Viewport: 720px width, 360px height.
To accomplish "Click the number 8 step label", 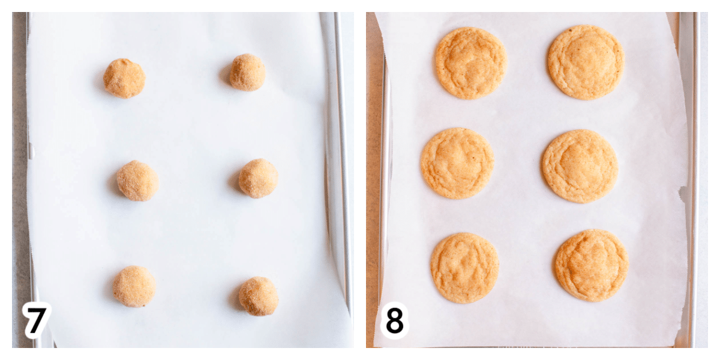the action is click(394, 320).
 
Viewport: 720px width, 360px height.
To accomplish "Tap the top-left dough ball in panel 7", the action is click(124, 78).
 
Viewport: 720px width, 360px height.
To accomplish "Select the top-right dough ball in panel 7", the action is click(247, 73).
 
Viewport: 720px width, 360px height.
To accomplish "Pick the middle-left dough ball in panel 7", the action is click(137, 181).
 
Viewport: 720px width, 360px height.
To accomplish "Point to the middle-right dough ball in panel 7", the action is click(259, 178).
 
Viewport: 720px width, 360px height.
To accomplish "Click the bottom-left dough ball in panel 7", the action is click(134, 286).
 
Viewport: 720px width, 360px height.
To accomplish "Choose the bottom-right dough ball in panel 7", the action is click(259, 296).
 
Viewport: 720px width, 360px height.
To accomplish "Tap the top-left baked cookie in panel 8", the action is click(471, 63).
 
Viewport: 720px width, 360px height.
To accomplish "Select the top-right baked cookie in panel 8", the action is click(586, 62).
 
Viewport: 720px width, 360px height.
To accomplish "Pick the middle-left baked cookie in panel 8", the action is click(457, 163).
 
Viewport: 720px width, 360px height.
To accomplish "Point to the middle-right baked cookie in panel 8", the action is click(580, 166).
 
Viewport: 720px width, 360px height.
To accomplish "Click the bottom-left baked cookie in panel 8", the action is click(465, 268).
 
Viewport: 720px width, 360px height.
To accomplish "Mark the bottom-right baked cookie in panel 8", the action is click(592, 265).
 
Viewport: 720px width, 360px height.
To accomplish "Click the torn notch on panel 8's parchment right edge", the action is click(682, 194).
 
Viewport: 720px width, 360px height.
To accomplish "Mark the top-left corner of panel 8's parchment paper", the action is click(375, 13).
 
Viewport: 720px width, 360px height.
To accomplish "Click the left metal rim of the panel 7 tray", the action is click(31, 180).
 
